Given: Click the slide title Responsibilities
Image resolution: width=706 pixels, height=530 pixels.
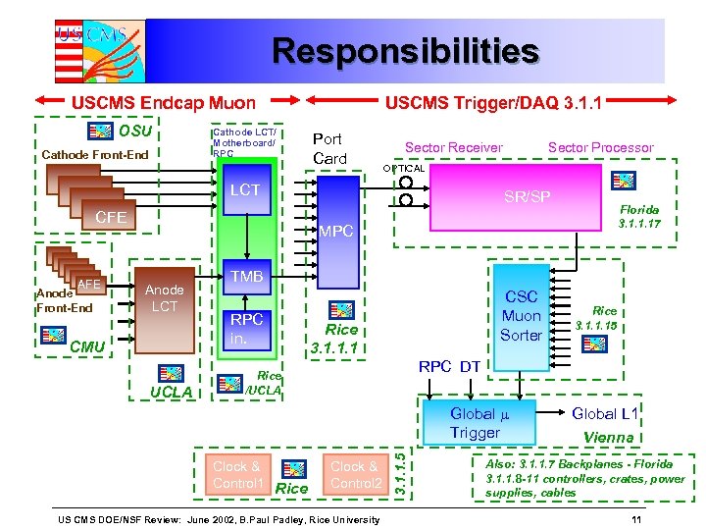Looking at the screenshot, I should coord(405,51).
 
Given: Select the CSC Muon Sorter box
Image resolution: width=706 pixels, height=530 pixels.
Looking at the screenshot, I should coord(521,316).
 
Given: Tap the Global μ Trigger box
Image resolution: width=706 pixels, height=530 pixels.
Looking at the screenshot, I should coord(476,423).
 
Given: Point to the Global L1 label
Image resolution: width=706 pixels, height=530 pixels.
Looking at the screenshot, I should coord(606,414).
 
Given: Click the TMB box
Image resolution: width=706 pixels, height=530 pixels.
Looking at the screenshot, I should coord(246,278).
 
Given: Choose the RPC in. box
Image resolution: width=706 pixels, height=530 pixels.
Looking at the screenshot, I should coord(246,329).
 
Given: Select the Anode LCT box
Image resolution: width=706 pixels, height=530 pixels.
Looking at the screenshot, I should coord(165,298).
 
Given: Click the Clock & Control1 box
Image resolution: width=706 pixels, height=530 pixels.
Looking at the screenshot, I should coord(237,475).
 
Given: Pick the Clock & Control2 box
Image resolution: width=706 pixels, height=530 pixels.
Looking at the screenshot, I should coord(356,475).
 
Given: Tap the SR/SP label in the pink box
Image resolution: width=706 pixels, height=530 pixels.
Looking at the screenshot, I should coord(527,197).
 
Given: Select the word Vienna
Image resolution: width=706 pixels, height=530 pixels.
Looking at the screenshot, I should coord(609,437).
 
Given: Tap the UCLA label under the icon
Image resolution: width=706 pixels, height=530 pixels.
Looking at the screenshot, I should coord(171,394).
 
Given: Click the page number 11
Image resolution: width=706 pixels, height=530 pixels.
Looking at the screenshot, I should coord(636,517).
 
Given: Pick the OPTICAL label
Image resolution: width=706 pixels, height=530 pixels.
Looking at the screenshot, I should coord(403,169).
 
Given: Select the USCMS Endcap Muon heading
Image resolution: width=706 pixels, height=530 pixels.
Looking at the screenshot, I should coord(164,101).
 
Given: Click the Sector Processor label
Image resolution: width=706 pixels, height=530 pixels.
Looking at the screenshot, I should coord(600,147).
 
